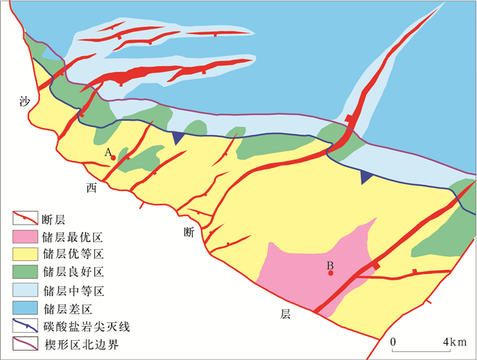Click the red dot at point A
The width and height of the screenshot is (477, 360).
[113, 157]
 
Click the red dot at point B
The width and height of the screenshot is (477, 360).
[330, 273]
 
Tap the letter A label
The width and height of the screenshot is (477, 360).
[107, 153]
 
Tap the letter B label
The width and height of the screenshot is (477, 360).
[329, 265]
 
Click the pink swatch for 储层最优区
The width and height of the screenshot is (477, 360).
[25, 237]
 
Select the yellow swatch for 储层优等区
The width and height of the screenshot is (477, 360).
[25, 254]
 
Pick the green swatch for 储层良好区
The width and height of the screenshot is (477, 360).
[25, 272]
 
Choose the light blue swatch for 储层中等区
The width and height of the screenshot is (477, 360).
[25, 290]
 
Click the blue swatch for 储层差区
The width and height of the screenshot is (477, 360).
[25, 307]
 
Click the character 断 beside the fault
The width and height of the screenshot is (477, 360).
[189, 232]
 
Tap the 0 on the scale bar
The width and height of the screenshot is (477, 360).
[393, 340]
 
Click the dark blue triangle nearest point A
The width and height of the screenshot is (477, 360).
[179, 138]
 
